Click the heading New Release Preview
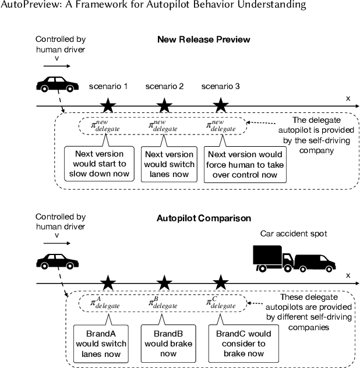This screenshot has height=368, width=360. [x=203, y=40]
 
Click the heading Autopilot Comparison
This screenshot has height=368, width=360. [x=203, y=218]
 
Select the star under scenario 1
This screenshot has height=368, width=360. [x=108, y=105]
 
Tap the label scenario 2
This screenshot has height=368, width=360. [x=164, y=86]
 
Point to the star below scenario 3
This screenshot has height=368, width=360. [x=220, y=105]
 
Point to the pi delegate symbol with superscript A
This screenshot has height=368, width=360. [x=105, y=302]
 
